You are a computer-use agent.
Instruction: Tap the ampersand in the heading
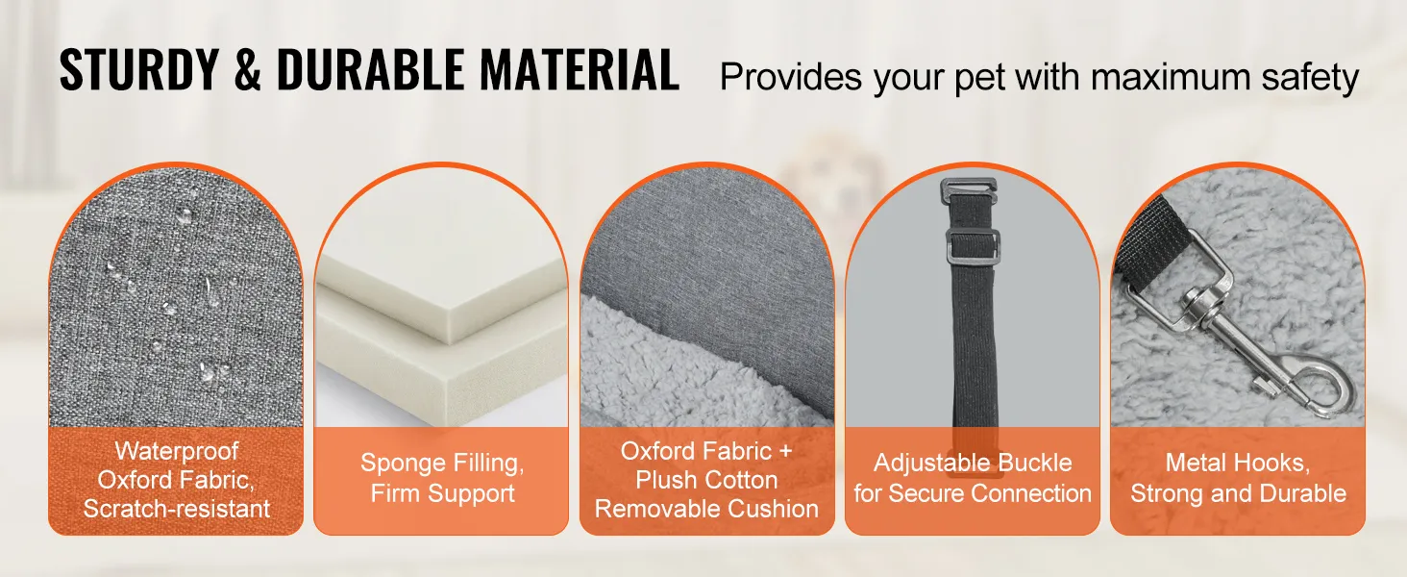[x=248, y=69]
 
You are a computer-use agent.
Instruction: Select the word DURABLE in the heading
[x=370, y=69]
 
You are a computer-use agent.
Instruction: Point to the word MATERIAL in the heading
[x=580, y=69]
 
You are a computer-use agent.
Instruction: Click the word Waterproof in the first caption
[x=177, y=451]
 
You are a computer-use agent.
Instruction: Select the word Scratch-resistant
[x=177, y=509]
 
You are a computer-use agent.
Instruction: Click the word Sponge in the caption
[x=403, y=464]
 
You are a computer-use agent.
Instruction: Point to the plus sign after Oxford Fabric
[x=785, y=451]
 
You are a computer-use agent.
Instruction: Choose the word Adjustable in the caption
[x=931, y=464]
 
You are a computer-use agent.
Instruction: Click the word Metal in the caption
[x=1195, y=464]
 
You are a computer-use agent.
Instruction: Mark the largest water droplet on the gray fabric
[x=184, y=216]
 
